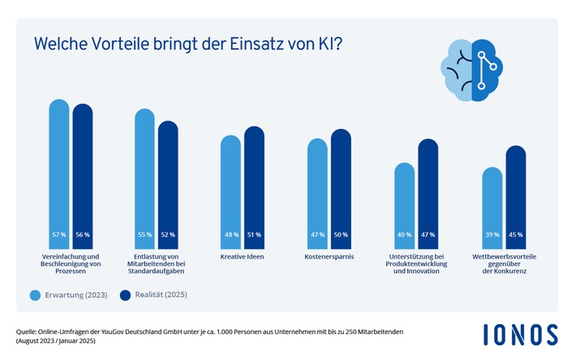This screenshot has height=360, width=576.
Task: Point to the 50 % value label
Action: (340, 235)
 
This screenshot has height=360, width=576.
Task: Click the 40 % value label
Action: (404, 235)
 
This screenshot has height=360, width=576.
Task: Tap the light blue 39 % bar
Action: (492, 208)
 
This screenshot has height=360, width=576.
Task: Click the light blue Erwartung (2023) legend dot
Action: (35, 295)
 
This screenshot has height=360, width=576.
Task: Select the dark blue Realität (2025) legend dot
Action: (126, 295)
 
